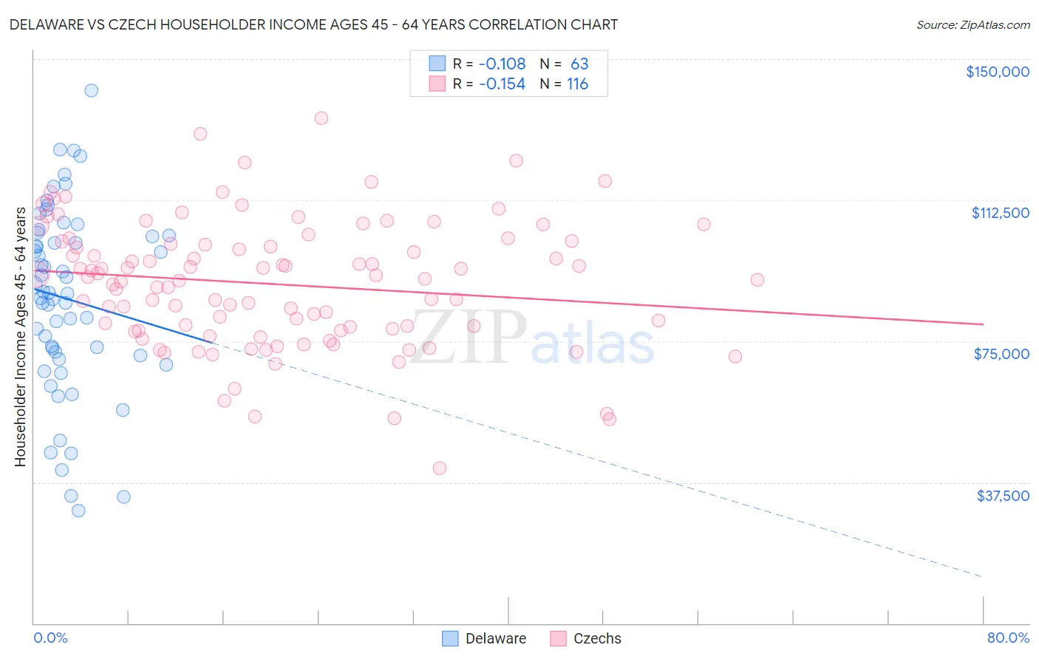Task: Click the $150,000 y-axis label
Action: pos(997,72)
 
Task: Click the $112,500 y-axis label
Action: pos(1000,213)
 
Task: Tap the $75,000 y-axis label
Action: pos(1001,354)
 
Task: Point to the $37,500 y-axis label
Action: pos(1003,496)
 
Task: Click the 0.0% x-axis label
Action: pos(50,638)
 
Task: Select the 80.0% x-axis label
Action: pos(1008,638)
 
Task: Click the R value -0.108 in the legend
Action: pos(502,64)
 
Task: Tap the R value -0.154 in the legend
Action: pos(502,84)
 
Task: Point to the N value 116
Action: pos(577,84)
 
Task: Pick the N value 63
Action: pos(579,64)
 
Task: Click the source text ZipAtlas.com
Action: pos(972,25)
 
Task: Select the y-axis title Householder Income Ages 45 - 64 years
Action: pos(20,337)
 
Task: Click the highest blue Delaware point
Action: pos(91,90)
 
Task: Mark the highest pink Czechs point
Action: pos(321,118)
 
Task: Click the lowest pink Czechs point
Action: pos(440,468)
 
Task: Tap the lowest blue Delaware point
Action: pos(78,511)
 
